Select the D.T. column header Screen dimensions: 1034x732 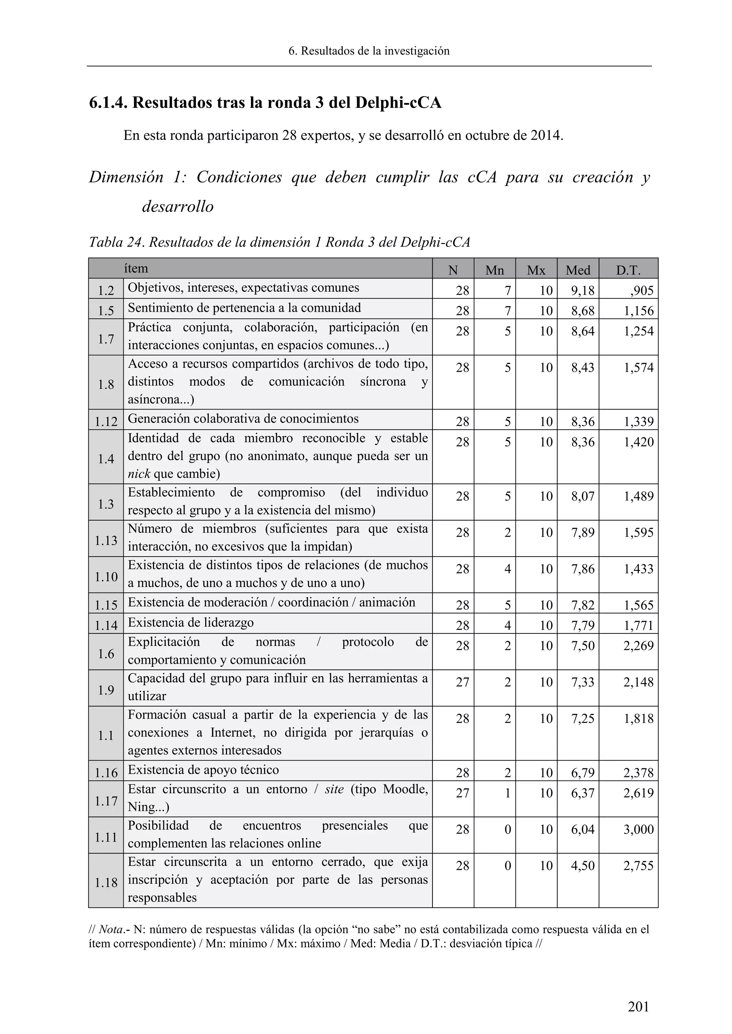628,270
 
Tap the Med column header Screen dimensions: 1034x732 578,270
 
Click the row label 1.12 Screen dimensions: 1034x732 106,422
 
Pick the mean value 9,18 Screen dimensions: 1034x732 583,291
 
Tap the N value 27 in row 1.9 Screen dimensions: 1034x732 463,682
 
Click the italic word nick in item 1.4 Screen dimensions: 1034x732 139,474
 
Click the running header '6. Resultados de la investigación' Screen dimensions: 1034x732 369,51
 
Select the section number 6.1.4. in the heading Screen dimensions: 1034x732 108,103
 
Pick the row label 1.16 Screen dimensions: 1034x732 106,773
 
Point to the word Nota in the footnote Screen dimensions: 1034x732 109,929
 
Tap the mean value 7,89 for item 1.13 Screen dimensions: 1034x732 583,532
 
